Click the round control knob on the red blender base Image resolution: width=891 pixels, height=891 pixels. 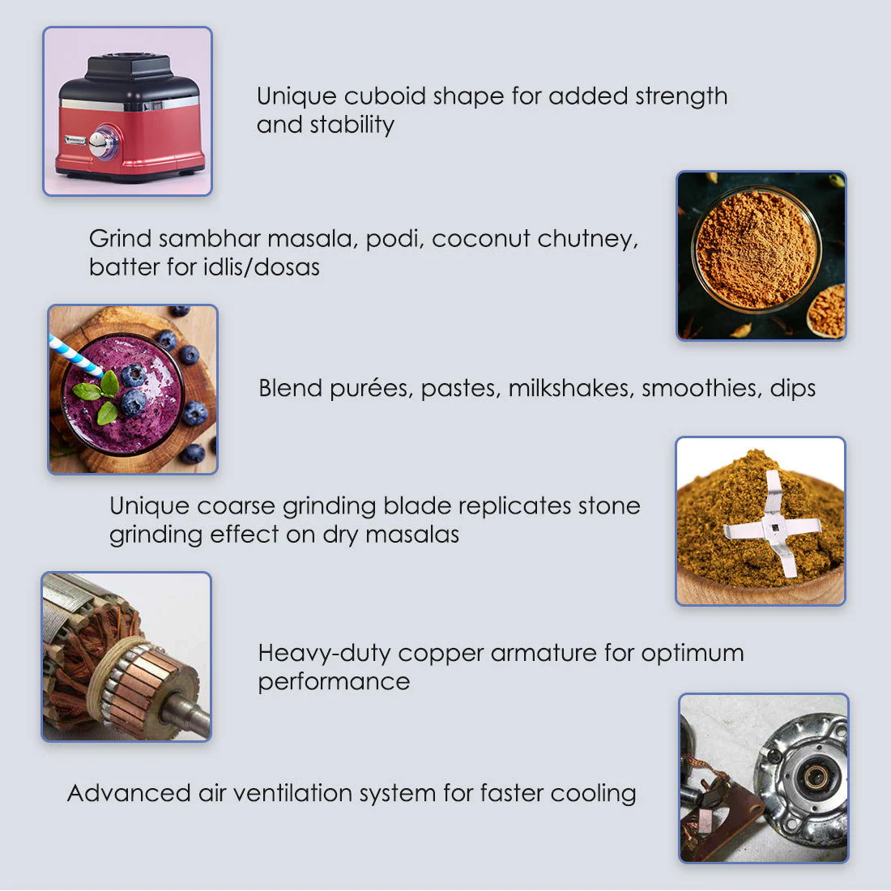pos(102,143)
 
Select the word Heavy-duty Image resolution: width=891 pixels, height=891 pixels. pos(324,653)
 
